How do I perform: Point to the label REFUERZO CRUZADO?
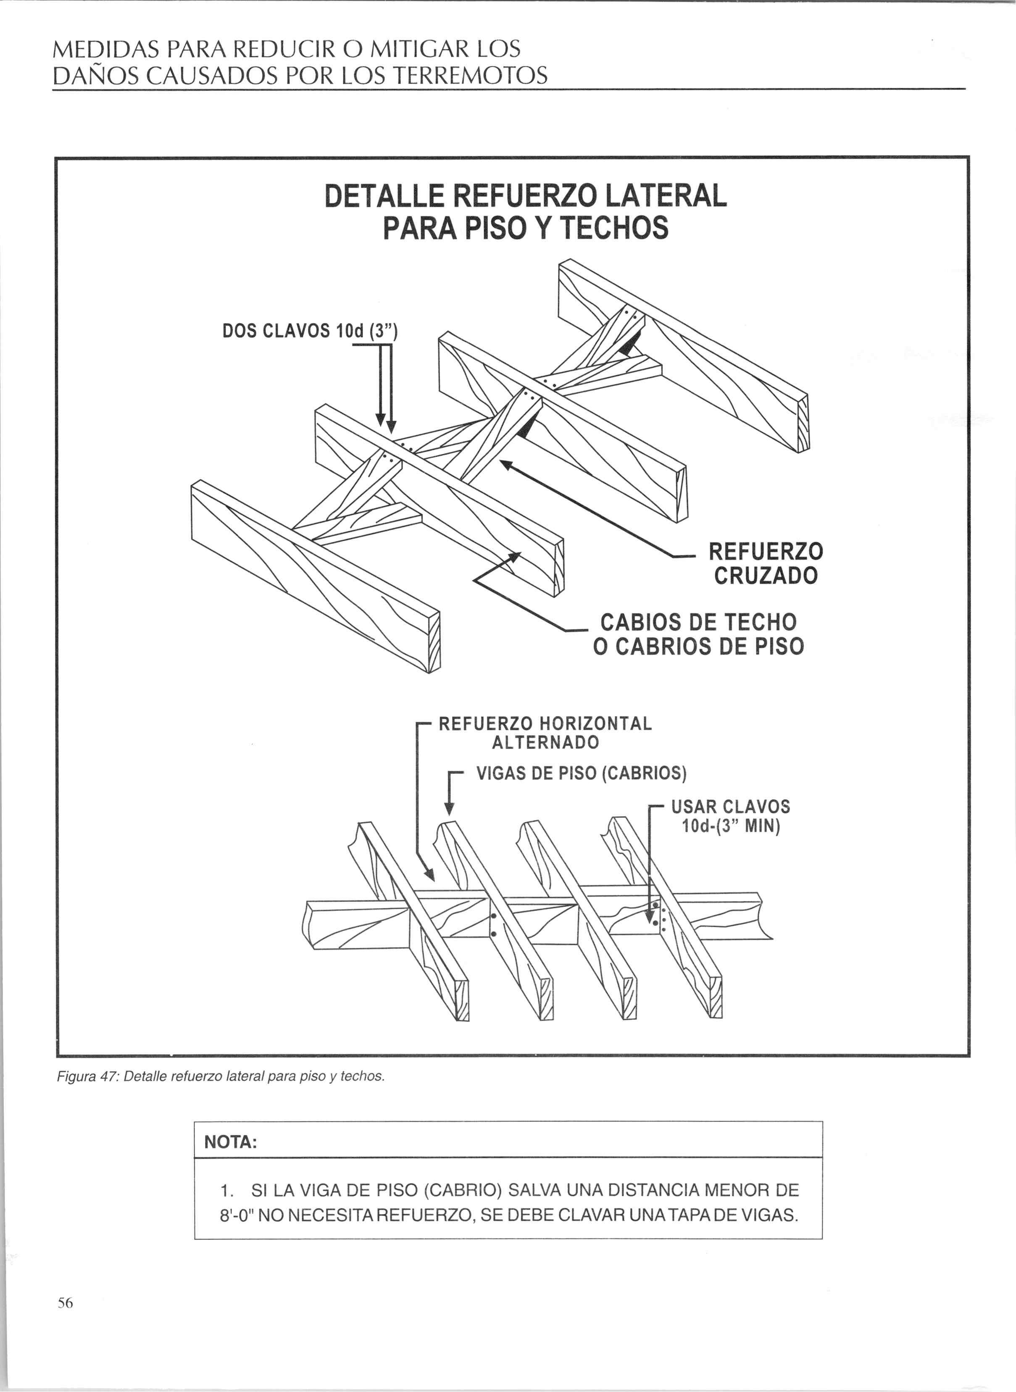point(766,563)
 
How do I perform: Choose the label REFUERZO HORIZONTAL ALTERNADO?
point(545,732)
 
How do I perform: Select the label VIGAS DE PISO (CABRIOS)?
point(581,773)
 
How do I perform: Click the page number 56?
point(65,1302)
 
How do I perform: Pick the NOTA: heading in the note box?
point(230,1142)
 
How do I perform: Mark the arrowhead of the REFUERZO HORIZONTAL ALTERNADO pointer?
point(429,874)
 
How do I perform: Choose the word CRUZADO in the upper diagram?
point(766,576)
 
